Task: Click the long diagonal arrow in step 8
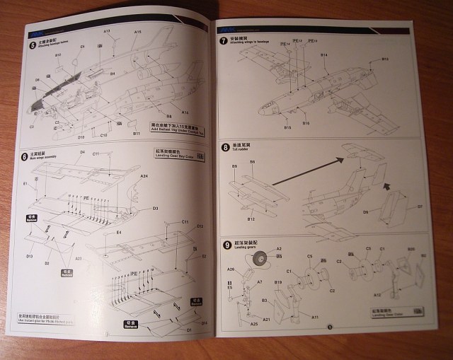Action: coord(308,172)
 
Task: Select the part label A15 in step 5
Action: coord(137,33)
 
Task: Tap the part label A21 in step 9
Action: coord(267,320)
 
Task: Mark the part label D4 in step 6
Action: coord(83,152)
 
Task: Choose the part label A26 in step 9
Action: coord(231,269)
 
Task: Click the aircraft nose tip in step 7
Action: coord(259,111)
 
